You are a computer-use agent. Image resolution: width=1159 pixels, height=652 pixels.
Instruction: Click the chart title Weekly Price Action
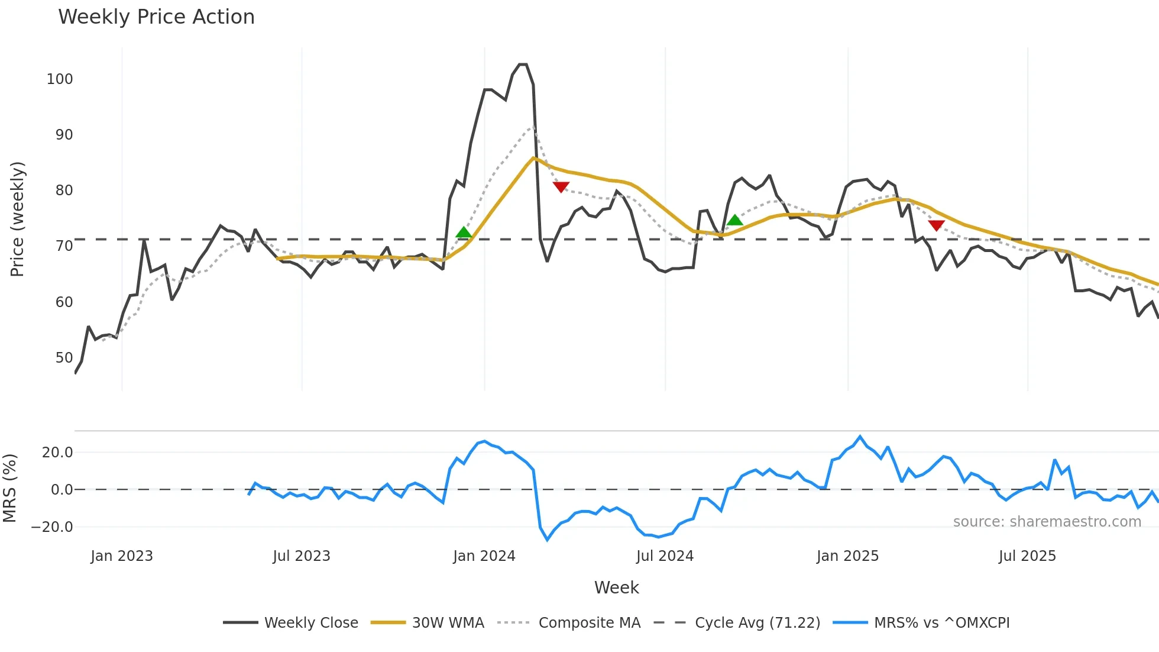coord(156,17)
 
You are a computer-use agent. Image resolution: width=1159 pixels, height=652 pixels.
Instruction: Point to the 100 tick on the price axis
coord(60,79)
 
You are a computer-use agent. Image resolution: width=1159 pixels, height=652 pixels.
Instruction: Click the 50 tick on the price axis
coord(64,358)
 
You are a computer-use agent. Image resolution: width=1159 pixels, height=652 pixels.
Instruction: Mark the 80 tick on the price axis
coord(64,191)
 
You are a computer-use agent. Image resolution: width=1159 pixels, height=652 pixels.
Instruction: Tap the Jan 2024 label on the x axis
coord(484,556)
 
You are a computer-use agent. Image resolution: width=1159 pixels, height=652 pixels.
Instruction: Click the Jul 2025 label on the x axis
coord(1027,556)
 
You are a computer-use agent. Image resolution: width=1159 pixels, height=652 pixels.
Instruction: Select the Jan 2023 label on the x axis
coord(122,556)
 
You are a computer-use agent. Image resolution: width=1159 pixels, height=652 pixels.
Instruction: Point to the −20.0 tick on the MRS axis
coord(52,527)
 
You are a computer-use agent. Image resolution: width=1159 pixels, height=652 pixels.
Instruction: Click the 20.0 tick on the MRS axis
coord(57,453)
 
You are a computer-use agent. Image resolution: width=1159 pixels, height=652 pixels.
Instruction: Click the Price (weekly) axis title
coord(17,219)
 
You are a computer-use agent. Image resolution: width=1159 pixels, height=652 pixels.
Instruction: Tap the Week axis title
coord(616,588)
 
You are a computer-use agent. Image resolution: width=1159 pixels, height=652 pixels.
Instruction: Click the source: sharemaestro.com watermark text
coord(1047,522)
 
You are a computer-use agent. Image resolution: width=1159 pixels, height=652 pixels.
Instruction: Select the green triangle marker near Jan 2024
coord(464,233)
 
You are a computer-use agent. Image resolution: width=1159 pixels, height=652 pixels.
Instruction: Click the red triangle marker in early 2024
coord(561,187)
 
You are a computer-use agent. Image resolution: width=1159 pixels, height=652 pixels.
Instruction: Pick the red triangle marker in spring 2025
coord(936,225)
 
